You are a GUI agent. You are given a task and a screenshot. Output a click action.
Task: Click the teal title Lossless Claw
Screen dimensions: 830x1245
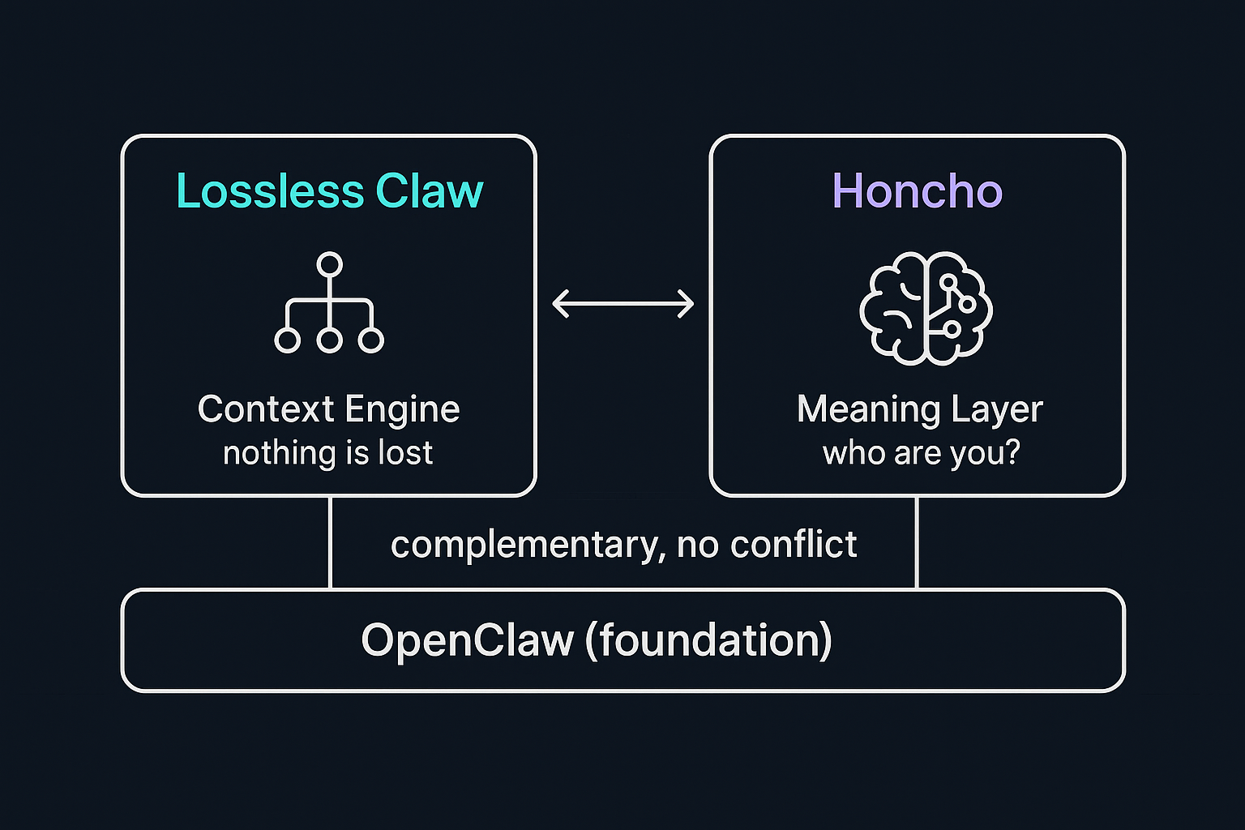(329, 191)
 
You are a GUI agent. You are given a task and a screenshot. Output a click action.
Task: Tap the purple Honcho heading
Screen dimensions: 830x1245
(917, 191)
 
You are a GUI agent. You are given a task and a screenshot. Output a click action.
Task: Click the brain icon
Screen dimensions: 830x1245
(926, 307)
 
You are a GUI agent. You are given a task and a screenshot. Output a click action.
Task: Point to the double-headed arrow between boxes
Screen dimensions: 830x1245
(622, 304)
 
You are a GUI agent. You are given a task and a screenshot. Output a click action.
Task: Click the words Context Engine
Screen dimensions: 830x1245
(328, 409)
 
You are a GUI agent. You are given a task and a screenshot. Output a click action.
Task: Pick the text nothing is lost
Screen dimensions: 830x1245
(328, 452)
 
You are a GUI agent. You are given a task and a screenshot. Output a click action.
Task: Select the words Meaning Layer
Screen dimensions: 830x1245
(919, 409)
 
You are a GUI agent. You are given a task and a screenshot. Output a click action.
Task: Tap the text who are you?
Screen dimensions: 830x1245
(921, 452)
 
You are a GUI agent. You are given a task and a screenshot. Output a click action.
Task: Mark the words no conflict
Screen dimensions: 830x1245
(767, 544)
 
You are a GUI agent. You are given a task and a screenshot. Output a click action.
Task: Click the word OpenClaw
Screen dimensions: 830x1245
(466, 640)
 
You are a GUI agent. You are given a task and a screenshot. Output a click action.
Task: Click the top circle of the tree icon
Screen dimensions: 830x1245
(329, 265)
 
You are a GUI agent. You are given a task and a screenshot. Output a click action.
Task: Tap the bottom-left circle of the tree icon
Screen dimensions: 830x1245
(287, 340)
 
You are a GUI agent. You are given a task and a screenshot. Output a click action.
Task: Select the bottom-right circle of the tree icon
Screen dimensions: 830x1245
(371, 340)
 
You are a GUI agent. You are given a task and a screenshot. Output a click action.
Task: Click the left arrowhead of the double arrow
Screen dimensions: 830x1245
(560, 304)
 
